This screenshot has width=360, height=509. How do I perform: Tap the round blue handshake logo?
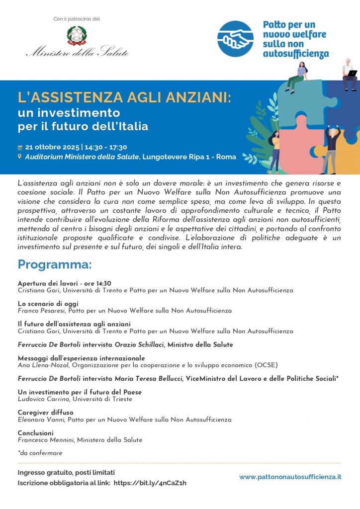click(235, 38)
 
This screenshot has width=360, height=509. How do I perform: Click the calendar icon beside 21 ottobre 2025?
click(20, 148)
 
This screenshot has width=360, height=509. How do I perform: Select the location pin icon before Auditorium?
click(20, 157)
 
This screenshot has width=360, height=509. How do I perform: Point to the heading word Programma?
click(55, 263)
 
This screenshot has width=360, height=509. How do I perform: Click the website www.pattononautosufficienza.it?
click(290, 477)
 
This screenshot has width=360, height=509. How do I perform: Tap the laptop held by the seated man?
click(352, 73)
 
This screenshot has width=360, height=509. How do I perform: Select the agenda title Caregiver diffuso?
click(45, 413)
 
